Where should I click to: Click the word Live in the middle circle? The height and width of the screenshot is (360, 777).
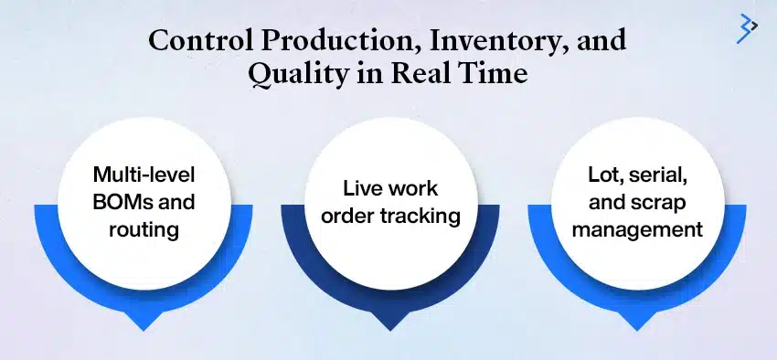[x=351, y=189]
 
